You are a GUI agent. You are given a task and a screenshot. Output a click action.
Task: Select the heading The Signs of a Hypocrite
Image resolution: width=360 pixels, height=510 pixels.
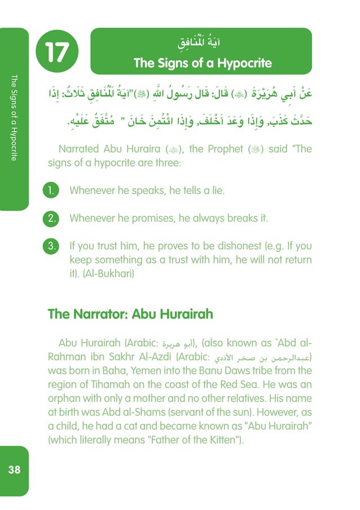203,63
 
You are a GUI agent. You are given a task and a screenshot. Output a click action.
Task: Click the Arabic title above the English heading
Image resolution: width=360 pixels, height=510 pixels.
202,43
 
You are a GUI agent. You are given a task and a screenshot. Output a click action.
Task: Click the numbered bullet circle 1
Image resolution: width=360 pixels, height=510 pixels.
51,191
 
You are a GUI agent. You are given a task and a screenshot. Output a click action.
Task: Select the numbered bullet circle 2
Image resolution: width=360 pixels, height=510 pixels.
51,219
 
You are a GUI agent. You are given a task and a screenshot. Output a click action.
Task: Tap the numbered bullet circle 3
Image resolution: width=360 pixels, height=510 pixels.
51,246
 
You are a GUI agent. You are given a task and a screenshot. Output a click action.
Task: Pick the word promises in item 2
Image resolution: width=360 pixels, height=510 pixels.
144,219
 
